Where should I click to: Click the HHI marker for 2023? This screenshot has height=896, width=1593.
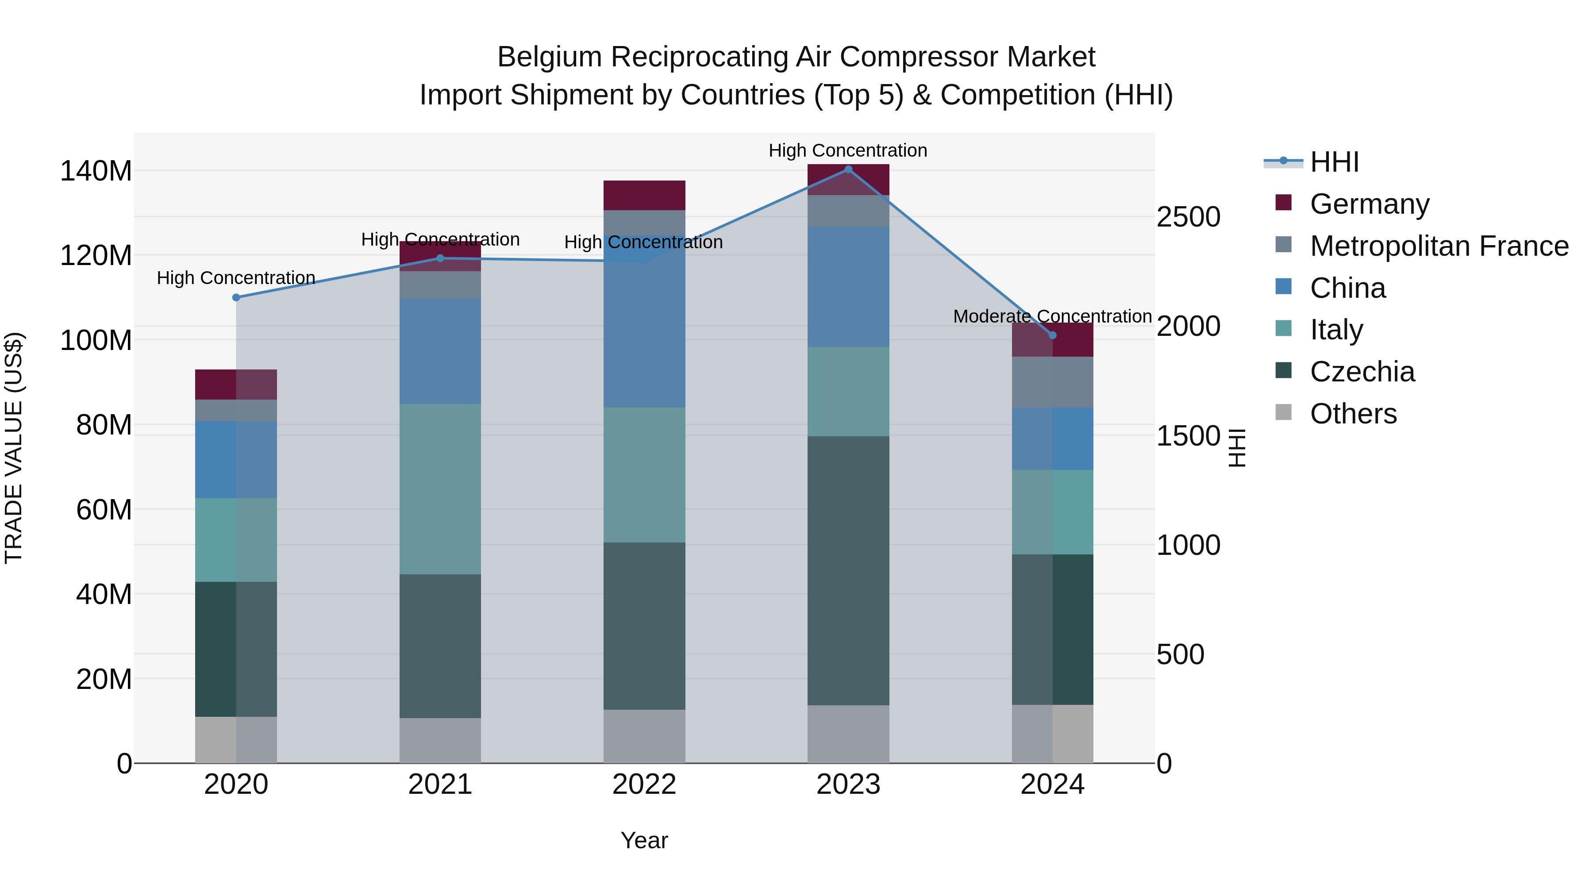pyautogui.click(x=848, y=169)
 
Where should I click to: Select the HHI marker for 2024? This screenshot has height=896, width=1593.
pyautogui.click(x=1053, y=335)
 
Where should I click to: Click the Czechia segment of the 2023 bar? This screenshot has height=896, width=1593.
pyautogui.click(x=848, y=570)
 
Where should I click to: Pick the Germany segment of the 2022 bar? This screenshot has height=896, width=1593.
pyautogui.click(x=644, y=196)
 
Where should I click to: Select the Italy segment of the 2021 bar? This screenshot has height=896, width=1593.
pyautogui.click(x=440, y=488)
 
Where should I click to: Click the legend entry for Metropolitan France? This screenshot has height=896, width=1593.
pyautogui.click(x=1439, y=246)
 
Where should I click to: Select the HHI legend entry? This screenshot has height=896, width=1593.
pyautogui.click(x=1334, y=162)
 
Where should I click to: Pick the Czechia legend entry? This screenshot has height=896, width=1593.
pyautogui.click(x=1362, y=372)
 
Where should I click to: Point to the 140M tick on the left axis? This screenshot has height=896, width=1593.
pyautogui.click(x=96, y=171)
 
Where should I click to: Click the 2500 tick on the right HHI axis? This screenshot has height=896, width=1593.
pyautogui.click(x=1188, y=217)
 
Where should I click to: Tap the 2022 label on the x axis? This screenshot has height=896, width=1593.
pyautogui.click(x=644, y=784)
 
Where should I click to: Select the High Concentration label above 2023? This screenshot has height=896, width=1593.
pyautogui.click(x=847, y=150)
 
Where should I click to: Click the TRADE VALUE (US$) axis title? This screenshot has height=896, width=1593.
pyautogui.click(x=14, y=448)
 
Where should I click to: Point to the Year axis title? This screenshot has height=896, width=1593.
pyautogui.click(x=644, y=840)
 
